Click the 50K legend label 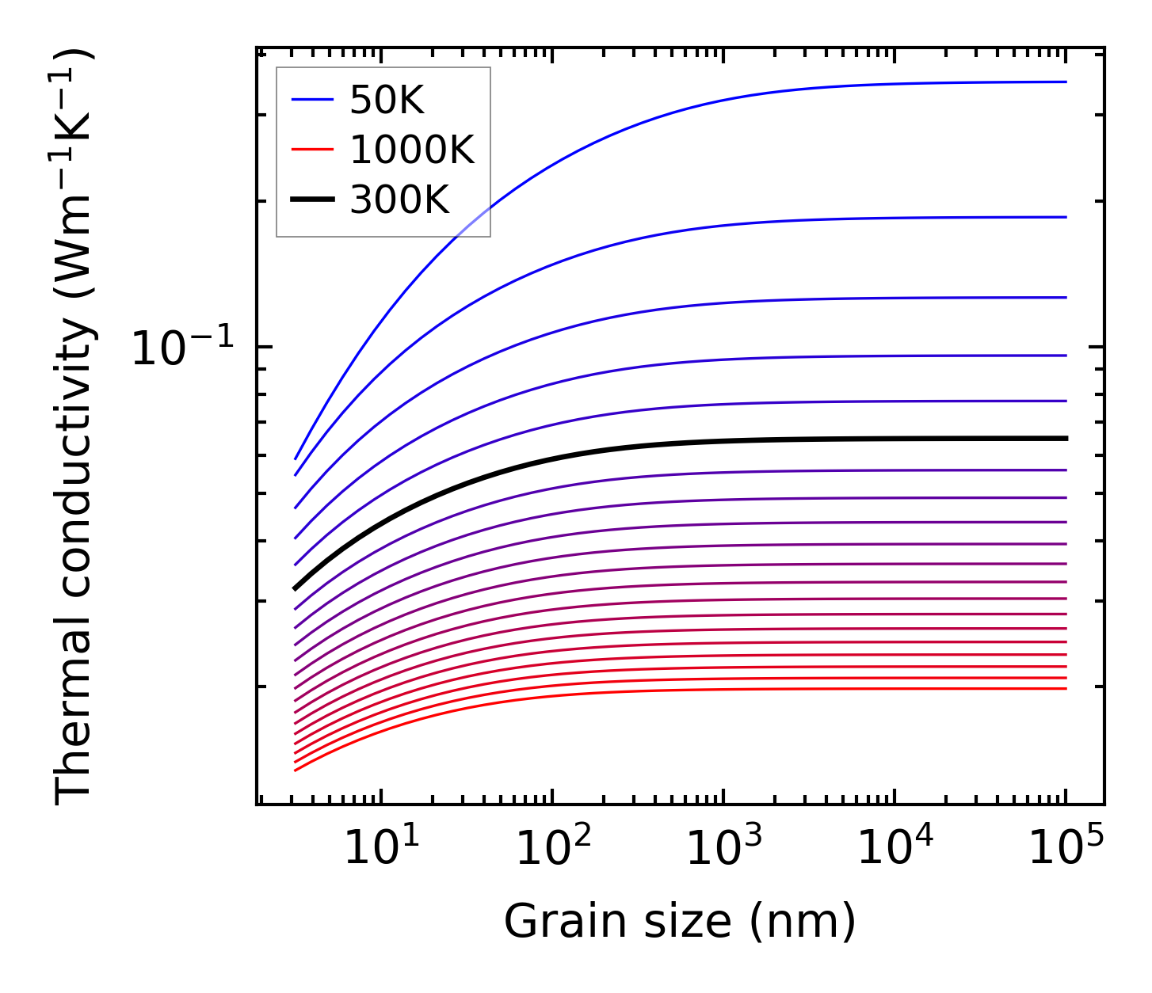coord(387,100)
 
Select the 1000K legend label coord(412,150)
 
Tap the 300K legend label coord(399,200)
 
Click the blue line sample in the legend coord(312,100)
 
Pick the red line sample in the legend coord(312,150)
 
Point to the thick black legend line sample coord(312,200)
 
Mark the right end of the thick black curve coord(1066,438)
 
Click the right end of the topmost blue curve coord(1066,82)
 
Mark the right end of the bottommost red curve coord(1066,688)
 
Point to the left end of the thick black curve coord(295,588)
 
